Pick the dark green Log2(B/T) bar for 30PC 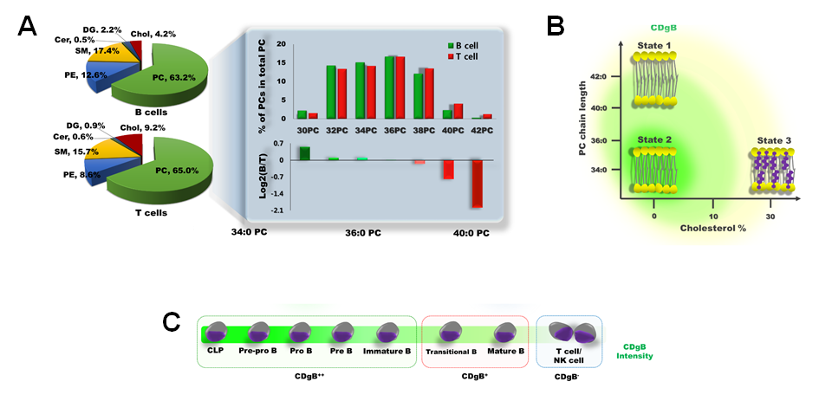[304, 153]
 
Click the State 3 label [770, 139]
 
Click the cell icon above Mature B [505, 333]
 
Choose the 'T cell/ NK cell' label [567, 355]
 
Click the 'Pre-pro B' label [258, 351]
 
